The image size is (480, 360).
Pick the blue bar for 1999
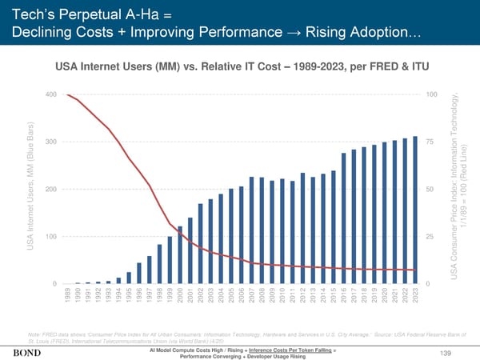click(x=170, y=260)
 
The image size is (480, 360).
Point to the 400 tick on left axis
click(x=50, y=95)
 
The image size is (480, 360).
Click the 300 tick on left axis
click(x=50, y=142)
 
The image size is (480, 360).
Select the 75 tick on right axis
click(x=432, y=142)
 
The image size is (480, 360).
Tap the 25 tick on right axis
click(x=432, y=237)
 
